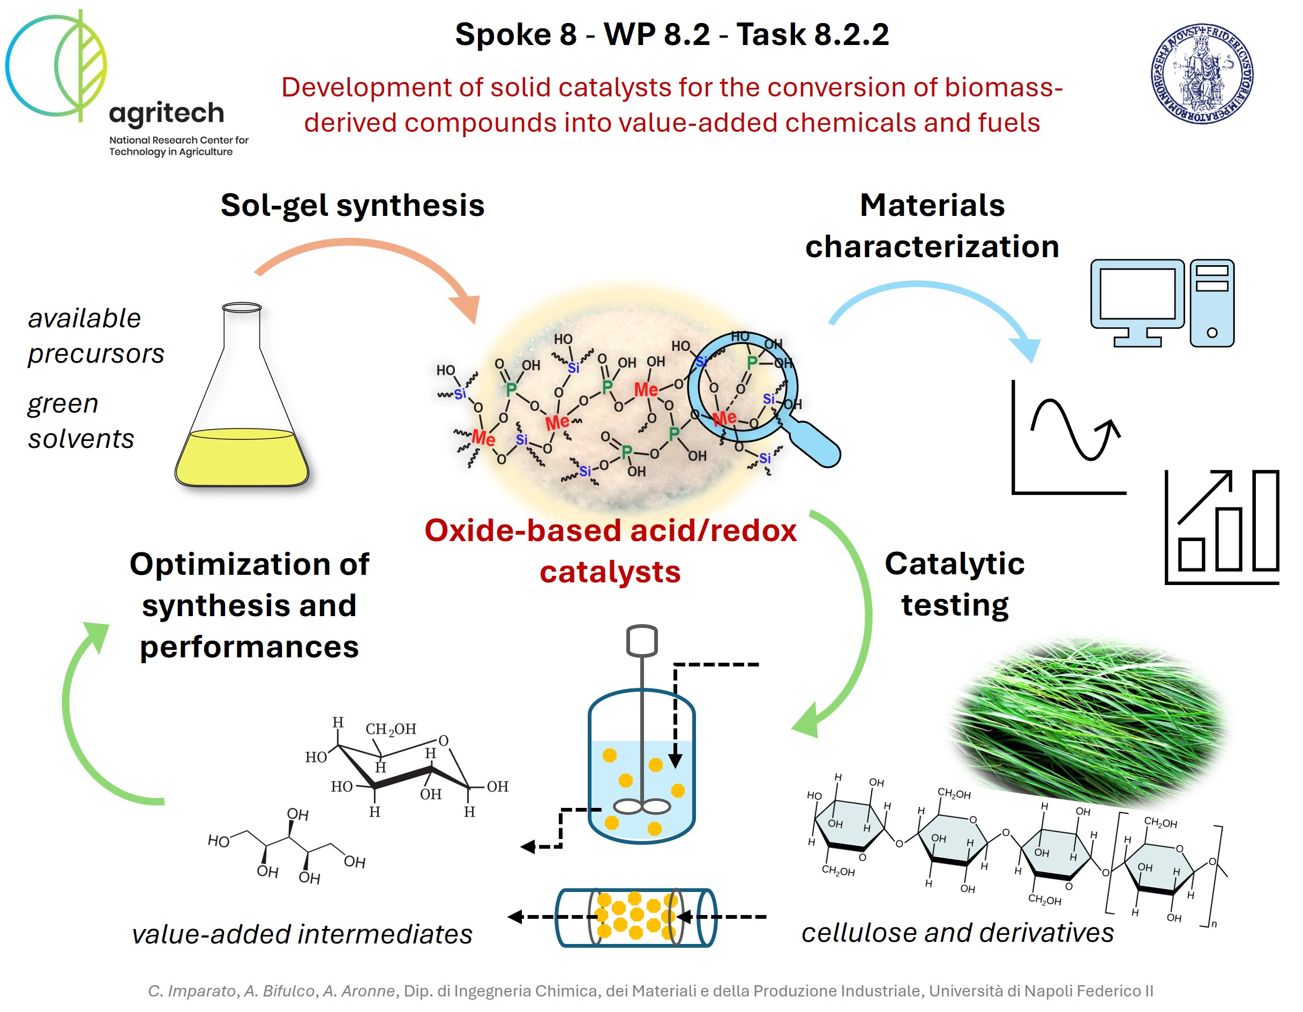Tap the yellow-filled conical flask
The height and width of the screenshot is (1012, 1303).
pyautogui.click(x=242, y=418)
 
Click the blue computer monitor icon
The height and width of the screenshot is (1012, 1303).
pyautogui.click(x=1136, y=298)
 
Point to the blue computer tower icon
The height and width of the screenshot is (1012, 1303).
pyautogui.click(x=1212, y=303)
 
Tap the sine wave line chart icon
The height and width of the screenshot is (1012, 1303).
pyautogui.click(x=1068, y=439)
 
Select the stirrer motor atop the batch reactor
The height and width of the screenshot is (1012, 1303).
pyautogui.click(x=642, y=640)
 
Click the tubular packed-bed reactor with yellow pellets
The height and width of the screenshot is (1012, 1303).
pyautogui.click(x=636, y=917)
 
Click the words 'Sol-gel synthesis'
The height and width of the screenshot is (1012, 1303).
pyautogui.click(x=352, y=205)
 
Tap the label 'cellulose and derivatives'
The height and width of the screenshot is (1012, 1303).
pyautogui.click(x=957, y=932)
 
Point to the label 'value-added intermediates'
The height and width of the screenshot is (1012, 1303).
pyautogui.click(x=302, y=934)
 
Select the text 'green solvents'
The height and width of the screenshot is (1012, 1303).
pyautogui.click(x=80, y=421)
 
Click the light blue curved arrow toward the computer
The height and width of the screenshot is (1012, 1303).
pyautogui.click(x=931, y=298)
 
